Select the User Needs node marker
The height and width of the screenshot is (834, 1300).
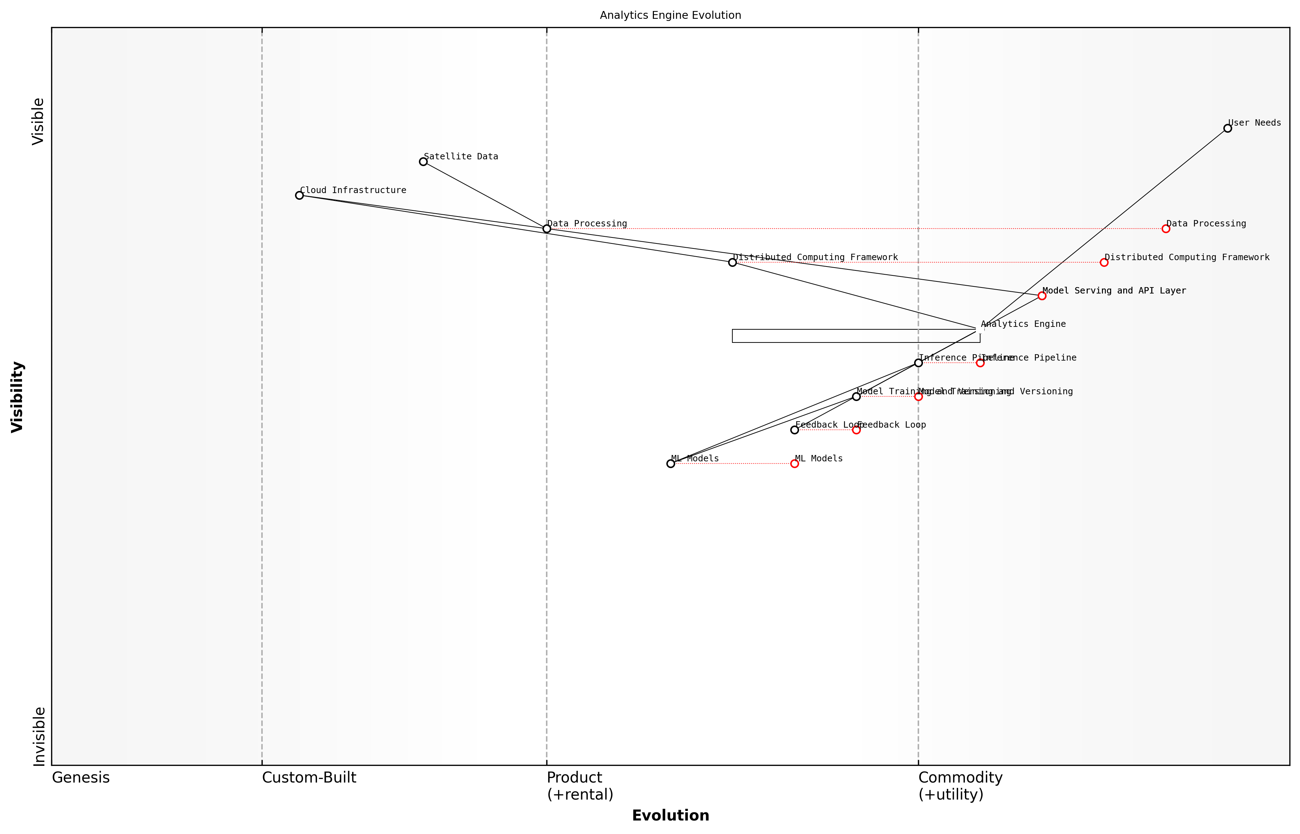1228,128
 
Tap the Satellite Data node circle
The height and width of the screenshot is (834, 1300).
423,161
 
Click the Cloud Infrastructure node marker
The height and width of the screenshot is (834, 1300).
299,195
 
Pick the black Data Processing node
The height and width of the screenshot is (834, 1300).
547,229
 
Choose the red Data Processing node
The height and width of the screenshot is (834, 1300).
1166,229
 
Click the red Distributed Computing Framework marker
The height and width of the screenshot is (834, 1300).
1104,262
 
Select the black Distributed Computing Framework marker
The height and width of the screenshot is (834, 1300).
732,262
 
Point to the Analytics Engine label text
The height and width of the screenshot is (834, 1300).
1023,324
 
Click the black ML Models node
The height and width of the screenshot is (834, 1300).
671,463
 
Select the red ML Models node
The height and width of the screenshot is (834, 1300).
794,463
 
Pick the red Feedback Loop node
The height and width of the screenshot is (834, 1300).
856,430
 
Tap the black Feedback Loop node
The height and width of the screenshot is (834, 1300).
794,430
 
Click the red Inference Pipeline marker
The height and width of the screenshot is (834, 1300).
980,363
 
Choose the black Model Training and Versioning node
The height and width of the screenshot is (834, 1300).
856,396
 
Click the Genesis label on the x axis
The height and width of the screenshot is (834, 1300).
81,778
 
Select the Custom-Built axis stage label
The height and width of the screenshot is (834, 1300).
309,778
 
